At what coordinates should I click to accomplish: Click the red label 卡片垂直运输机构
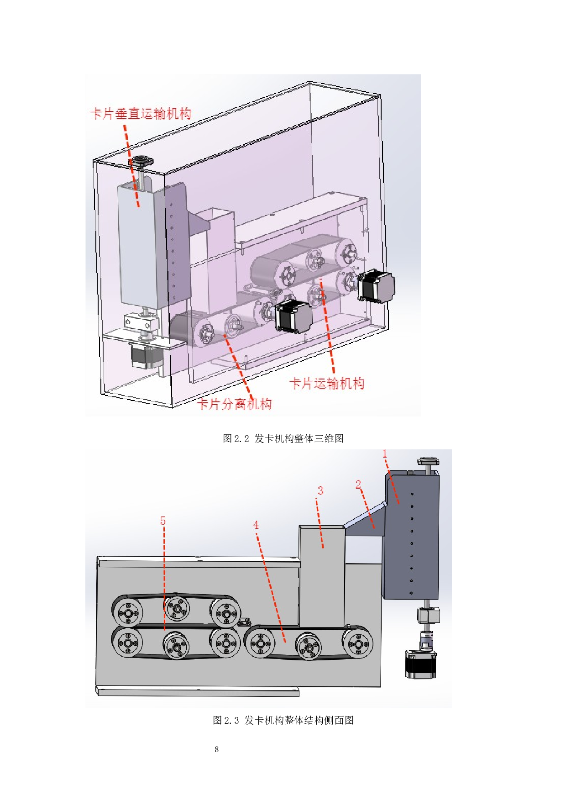click(141, 113)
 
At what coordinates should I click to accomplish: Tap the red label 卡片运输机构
click(327, 383)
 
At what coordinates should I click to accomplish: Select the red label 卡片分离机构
click(235, 404)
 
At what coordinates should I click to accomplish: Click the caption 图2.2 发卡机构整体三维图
click(283, 438)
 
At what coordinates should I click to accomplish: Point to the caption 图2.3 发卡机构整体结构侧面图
click(283, 720)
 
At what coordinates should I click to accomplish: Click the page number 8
click(217, 749)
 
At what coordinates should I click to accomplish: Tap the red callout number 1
click(385, 454)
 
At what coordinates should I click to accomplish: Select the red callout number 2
click(358, 485)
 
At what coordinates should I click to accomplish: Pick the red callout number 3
click(320, 491)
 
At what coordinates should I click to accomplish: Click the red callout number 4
click(256, 525)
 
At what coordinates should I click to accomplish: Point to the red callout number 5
click(163, 521)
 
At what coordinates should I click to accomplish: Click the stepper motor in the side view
click(420, 664)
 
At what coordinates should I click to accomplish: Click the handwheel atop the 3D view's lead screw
click(141, 162)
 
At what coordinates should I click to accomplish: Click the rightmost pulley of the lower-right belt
click(358, 644)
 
